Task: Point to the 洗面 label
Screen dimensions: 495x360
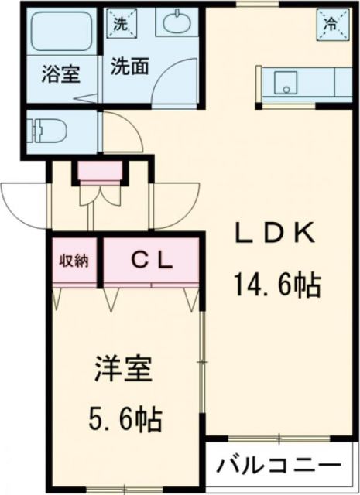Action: click(x=128, y=67)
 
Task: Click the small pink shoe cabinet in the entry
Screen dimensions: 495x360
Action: click(x=99, y=171)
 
